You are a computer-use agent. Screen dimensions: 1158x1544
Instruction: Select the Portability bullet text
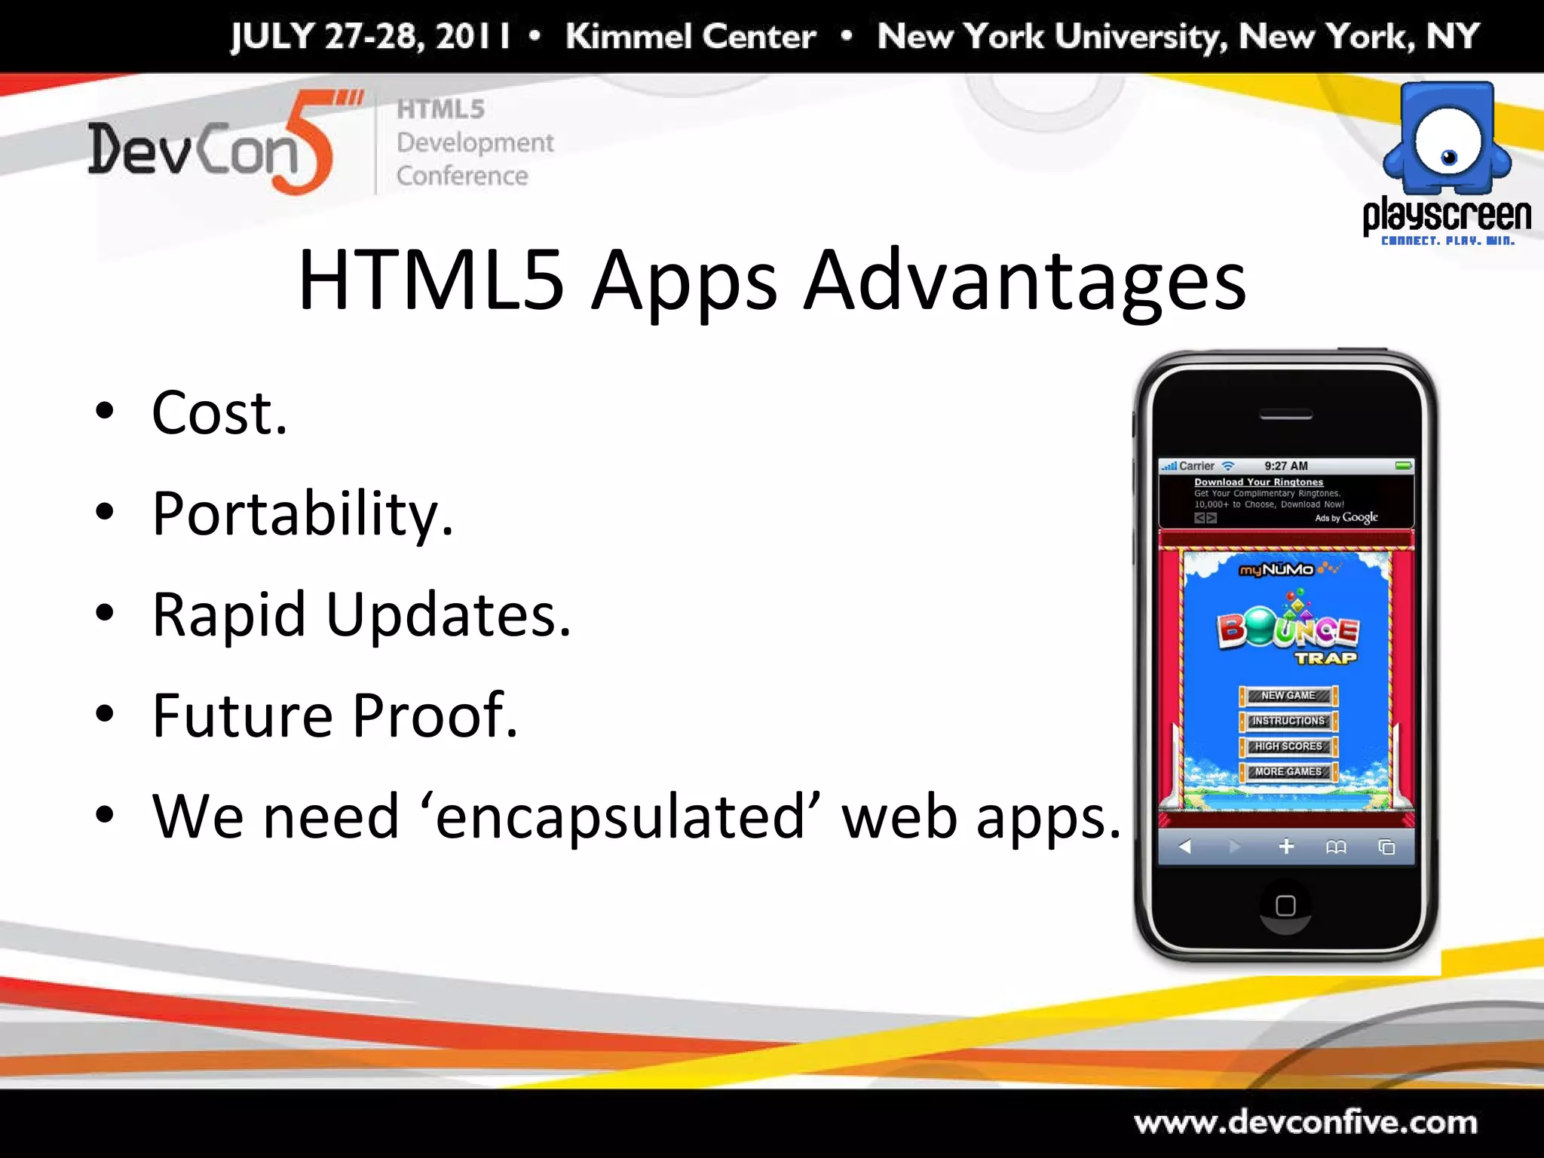pyautogui.click(x=302, y=515)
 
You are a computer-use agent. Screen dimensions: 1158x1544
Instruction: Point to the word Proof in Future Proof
pyautogui.click(x=435, y=715)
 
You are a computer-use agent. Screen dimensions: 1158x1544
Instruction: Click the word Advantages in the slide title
pyautogui.click(x=1025, y=280)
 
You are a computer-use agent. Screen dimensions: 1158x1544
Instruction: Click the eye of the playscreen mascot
pyautogui.click(x=1448, y=156)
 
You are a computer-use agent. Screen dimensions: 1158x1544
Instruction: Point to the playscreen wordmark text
pyautogui.click(x=1446, y=216)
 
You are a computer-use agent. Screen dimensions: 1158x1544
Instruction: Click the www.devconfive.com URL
pyautogui.click(x=1305, y=1123)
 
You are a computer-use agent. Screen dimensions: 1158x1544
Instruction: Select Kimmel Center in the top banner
pyautogui.click(x=691, y=36)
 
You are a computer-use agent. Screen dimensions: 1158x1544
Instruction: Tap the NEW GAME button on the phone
pyautogui.click(x=1288, y=695)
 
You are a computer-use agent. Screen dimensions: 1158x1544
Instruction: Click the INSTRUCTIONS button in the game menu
pyautogui.click(x=1288, y=721)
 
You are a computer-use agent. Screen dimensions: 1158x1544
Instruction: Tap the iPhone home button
pyautogui.click(x=1285, y=905)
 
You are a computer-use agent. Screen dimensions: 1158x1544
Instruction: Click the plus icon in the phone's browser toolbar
pyautogui.click(x=1286, y=847)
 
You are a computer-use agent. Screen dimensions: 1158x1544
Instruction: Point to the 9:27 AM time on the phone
pyautogui.click(x=1286, y=466)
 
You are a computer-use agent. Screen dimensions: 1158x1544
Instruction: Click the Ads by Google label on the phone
pyautogui.click(x=1346, y=518)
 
